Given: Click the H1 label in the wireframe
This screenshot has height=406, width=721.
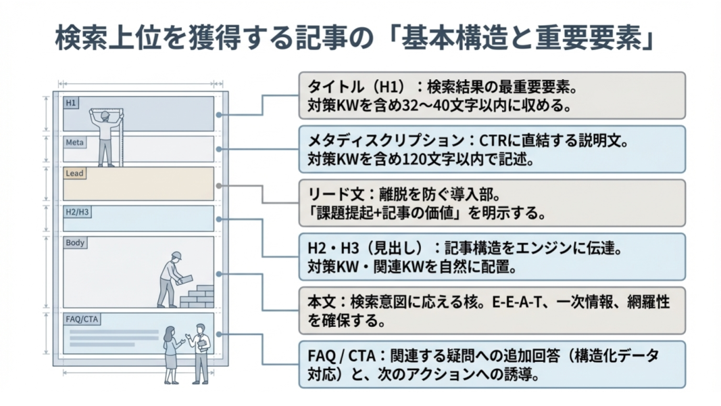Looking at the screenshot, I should coord(71,103).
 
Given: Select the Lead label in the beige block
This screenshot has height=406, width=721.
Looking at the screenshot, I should coord(74,173).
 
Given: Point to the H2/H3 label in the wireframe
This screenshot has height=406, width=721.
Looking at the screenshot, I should coord(77,212).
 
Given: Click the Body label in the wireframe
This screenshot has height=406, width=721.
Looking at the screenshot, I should coord(75,242).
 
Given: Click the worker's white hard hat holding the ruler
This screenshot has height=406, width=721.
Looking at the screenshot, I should coord(105,116).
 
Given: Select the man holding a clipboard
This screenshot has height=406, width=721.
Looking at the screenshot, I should coord(200,352).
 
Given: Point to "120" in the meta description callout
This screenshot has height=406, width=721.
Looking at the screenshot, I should coord(422,160).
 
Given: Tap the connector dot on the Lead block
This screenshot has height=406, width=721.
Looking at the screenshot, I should coord(218,185).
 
